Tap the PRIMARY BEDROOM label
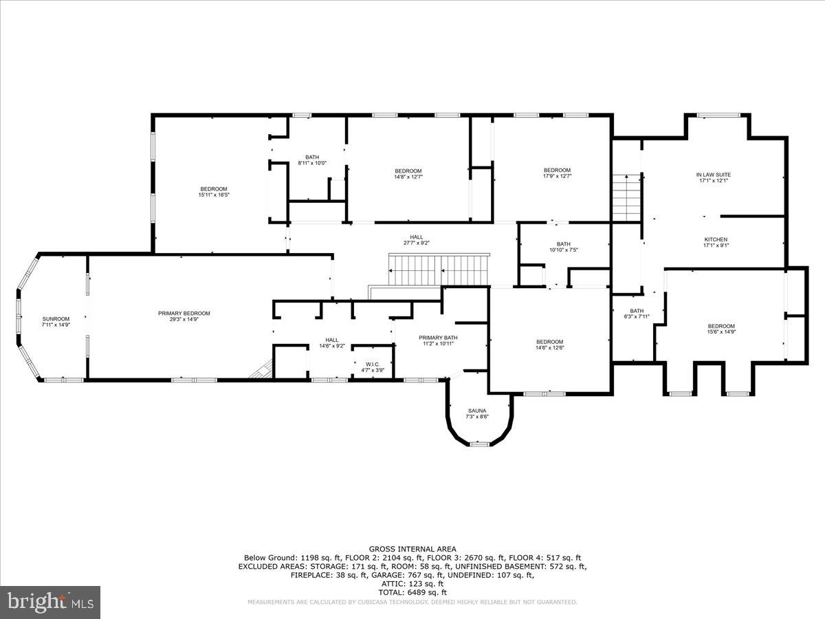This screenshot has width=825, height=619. (184, 314)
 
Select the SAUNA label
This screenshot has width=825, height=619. (478, 411)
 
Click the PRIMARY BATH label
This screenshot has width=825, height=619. (438, 338)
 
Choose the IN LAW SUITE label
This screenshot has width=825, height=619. (713, 175)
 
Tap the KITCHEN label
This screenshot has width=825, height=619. (715, 239)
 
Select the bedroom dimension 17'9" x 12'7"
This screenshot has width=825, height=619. (557, 177)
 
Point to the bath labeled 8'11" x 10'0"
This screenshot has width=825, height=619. (312, 163)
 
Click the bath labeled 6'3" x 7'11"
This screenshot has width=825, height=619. (636, 316)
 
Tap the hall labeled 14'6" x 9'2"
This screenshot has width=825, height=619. (332, 346)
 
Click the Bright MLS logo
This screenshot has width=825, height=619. (49, 602)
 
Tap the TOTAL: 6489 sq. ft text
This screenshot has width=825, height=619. (412, 592)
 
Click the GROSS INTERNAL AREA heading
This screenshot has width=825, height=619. (412, 549)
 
